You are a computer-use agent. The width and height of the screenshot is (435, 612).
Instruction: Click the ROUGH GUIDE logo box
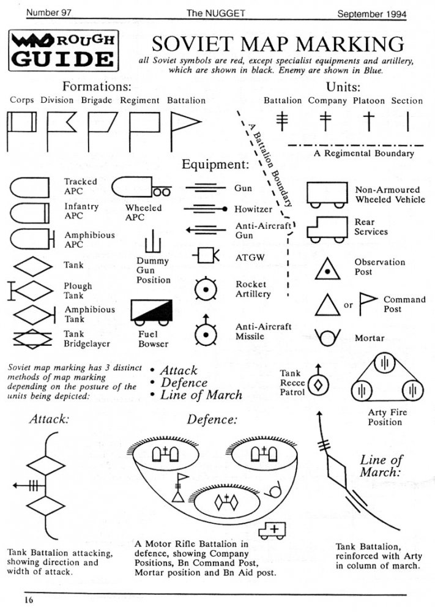point(62,50)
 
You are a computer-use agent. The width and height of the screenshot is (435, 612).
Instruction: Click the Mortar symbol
point(329,337)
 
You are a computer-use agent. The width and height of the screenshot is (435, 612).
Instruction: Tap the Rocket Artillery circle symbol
point(205,289)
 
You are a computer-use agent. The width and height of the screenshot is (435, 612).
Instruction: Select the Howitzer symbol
point(206,209)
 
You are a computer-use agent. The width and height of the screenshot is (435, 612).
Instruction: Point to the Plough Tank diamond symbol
point(31,290)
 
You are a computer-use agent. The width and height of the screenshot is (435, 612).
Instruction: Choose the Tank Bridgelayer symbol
point(32,338)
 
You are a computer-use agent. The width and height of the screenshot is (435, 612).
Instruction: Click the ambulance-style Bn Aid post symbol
point(272,529)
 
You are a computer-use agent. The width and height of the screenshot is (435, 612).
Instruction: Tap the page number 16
point(29,600)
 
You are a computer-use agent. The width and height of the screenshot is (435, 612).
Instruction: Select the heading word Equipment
point(215,165)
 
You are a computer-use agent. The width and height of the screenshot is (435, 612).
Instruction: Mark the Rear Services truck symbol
point(328,229)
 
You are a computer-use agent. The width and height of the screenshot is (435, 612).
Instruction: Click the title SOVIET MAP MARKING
point(277,44)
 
